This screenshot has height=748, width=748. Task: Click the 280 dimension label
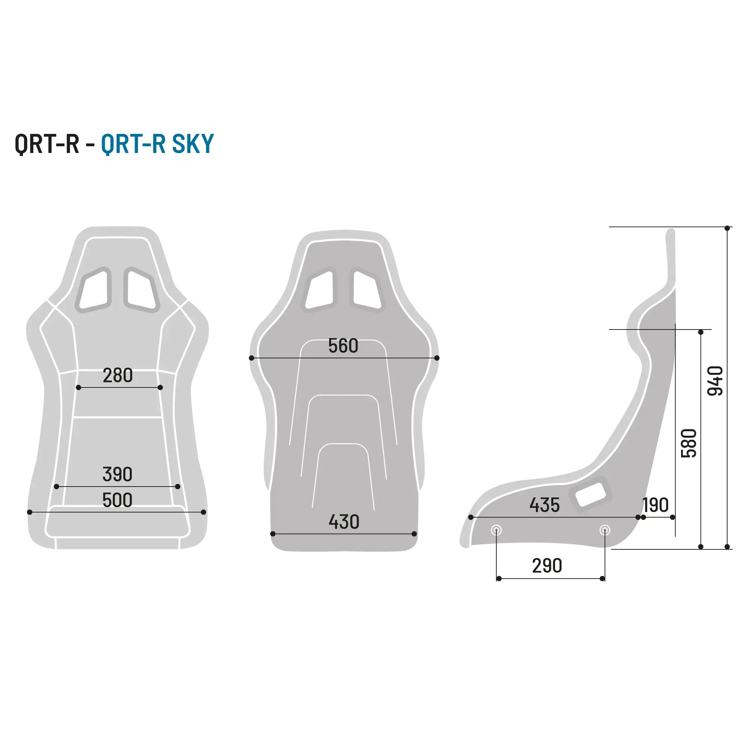coord(118,375)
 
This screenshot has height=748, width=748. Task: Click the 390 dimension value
coord(117,474)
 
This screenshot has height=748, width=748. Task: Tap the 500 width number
coord(117,500)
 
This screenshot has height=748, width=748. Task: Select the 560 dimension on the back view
coord(343,346)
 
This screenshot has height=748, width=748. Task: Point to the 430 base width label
coord(344,522)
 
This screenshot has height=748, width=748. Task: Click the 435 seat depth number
coord(544,505)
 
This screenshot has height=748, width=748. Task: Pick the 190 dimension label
coord(656,505)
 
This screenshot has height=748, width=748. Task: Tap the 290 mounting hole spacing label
coord(547,566)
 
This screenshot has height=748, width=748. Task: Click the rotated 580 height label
coord(689,443)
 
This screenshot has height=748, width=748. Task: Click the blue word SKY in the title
coord(193,144)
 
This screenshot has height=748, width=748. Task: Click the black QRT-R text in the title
coord(47,144)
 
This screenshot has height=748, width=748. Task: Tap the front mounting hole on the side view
coord(496,530)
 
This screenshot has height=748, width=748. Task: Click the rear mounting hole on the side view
coord(605,530)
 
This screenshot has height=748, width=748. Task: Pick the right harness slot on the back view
coord(366,289)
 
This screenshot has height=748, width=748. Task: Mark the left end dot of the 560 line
coord(252,358)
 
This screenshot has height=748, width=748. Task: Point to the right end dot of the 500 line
coord(204,512)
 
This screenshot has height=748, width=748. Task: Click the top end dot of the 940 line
coord(727,229)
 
